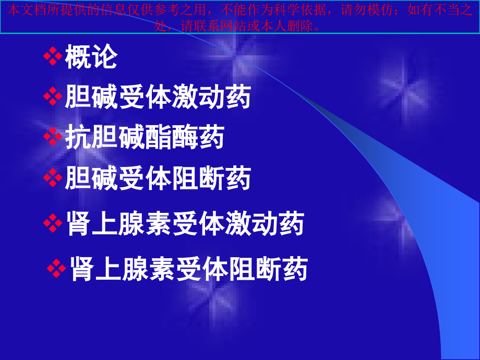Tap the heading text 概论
click(x=91, y=57)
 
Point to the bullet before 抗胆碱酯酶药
click(x=53, y=137)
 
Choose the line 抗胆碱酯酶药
click(x=145, y=137)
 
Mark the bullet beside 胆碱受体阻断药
click(x=53, y=178)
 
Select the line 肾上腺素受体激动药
click(x=185, y=224)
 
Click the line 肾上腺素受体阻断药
click(x=188, y=269)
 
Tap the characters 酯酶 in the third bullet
click(x=171, y=137)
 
